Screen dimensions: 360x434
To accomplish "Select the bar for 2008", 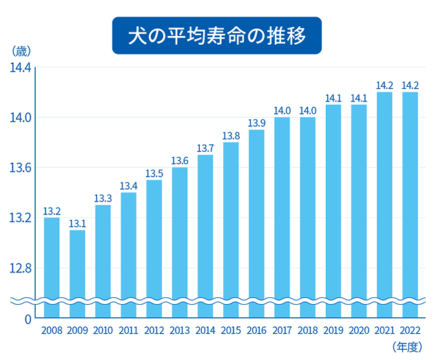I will coord(52,262).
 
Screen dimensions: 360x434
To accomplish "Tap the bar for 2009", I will coord(77,269).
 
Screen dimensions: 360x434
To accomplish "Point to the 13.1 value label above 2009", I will coord(77,223).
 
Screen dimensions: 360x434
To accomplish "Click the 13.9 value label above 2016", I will coord(256,123).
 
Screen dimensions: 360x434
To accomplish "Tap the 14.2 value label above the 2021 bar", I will coord(385,86).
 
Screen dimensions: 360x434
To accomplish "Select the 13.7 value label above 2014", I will coord(205,148).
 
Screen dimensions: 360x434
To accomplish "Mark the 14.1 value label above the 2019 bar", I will coord(333,98).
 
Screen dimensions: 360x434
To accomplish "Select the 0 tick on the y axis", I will coord(28,319).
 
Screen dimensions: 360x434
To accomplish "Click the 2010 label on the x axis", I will coord(103,330).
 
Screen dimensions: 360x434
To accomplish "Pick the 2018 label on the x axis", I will coord(308,330).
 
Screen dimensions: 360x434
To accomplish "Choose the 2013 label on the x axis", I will coord(180,330).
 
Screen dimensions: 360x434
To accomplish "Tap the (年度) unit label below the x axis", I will coord(406,347).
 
